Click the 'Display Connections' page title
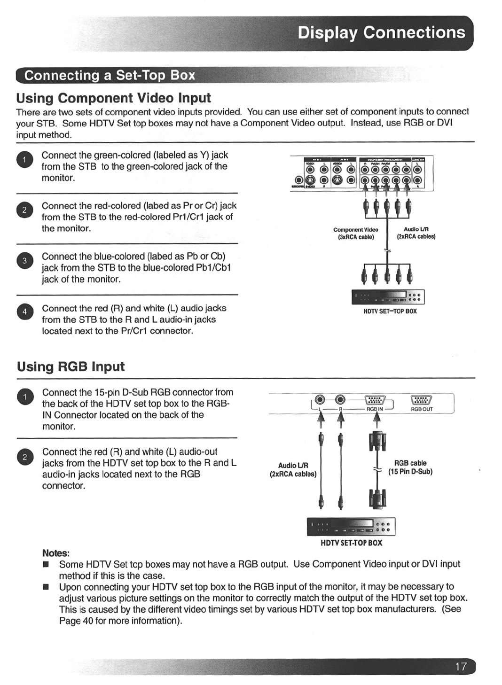[381, 32]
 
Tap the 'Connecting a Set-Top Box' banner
[110, 75]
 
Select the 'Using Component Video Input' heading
[113, 98]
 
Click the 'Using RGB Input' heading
[71, 366]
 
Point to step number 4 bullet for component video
[24, 312]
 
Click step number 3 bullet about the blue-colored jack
[24, 260]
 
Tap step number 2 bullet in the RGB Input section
[24, 457]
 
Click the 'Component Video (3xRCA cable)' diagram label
[356, 233]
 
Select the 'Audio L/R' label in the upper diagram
[416, 230]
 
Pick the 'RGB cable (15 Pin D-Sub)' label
[410, 467]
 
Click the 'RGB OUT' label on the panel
[422, 409]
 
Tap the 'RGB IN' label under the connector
[375, 409]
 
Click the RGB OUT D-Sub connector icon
[422, 400]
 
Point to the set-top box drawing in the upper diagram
[388, 297]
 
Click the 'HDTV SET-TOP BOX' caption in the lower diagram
[351, 543]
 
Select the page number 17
[461, 666]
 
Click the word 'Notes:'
[55, 553]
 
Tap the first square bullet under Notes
[46, 564]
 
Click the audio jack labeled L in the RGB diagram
[320, 400]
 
